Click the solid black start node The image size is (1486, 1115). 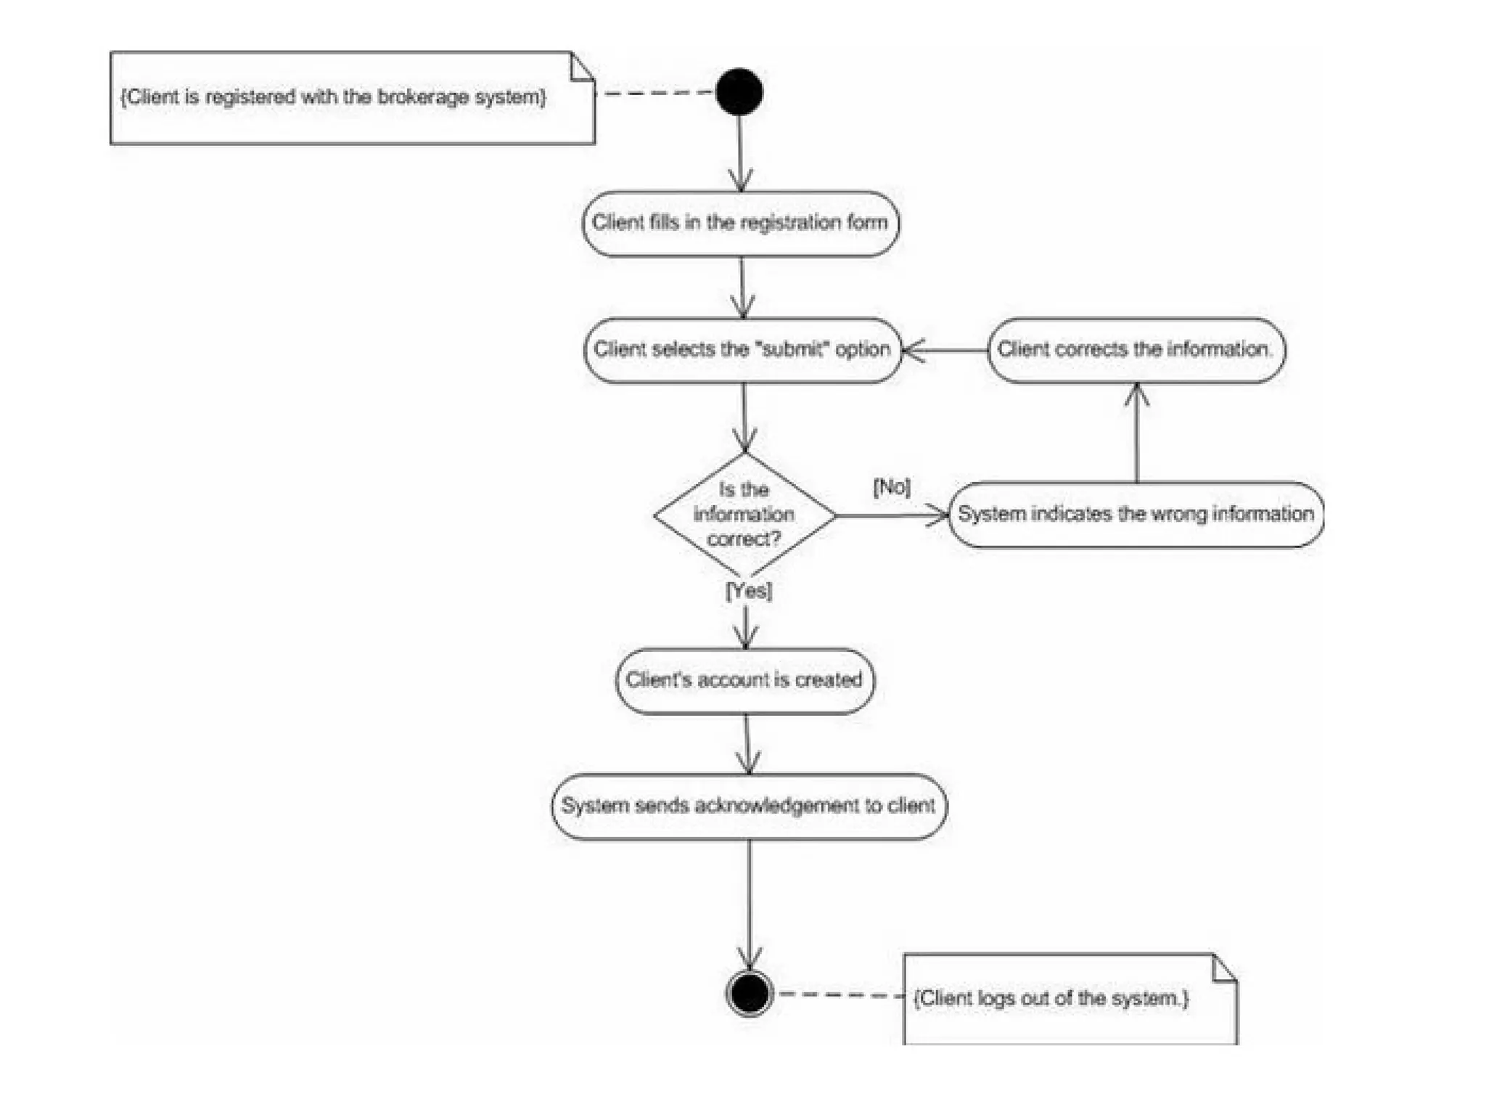[739, 92]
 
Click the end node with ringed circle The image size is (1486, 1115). [749, 993]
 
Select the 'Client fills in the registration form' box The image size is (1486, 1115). [740, 223]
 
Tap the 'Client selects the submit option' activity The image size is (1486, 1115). [742, 350]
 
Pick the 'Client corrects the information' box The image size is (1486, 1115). [1136, 350]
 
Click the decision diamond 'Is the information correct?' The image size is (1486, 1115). [744, 515]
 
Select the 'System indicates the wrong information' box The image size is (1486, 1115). [1136, 514]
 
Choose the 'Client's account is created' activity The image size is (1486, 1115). [744, 680]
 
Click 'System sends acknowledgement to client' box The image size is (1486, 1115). [748, 806]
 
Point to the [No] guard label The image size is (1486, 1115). [892, 486]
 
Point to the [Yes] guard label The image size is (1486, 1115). [748, 590]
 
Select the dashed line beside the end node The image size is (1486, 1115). [838, 994]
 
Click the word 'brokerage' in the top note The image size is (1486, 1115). [423, 97]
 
